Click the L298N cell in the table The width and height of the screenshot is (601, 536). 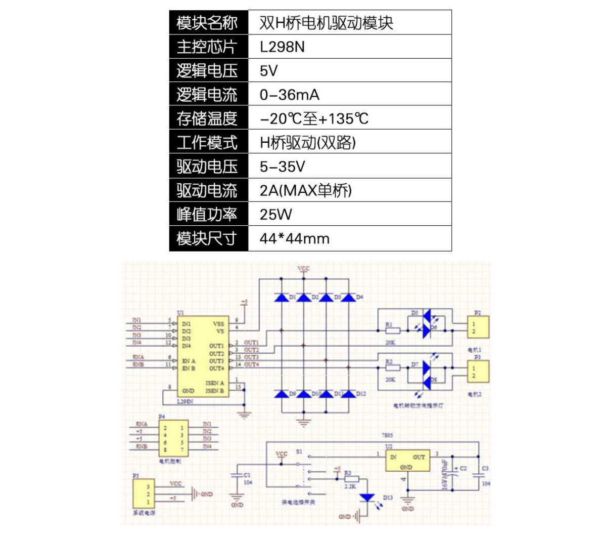(x=283, y=47)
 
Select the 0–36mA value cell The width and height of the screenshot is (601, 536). (x=289, y=95)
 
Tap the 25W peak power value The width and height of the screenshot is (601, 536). (x=275, y=215)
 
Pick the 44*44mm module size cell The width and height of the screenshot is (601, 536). (x=294, y=238)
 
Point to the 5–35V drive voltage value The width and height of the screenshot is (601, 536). (x=282, y=167)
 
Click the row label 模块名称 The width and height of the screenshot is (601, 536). (x=207, y=23)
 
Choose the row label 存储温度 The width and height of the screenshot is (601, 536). (x=207, y=118)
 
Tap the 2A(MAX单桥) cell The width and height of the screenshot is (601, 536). (x=305, y=191)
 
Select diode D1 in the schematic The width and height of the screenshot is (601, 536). (x=281, y=297)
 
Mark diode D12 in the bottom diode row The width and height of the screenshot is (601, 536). (x=348, y=393)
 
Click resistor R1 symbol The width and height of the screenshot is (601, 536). (x=393, y=331)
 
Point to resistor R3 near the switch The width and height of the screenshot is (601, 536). (x=351, y=479)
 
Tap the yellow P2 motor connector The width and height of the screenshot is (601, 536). (x=478, y=327)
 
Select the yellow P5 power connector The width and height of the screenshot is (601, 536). (x=144, y=494)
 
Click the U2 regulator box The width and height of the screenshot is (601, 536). (x=407, y=460)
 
